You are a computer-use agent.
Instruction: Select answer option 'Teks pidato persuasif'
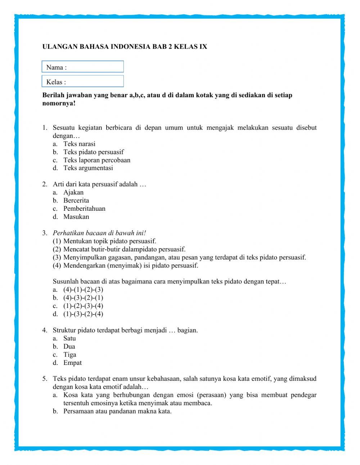point(94,152)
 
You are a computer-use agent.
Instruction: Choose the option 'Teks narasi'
point(80,144)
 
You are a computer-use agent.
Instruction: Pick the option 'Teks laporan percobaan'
point(97,160)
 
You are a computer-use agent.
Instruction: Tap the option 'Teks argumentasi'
point(88,168)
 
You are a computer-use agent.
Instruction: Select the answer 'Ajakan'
point(73,192)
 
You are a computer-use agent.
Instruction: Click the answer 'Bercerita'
point(76,200)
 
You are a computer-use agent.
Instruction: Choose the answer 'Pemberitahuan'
point(85,209)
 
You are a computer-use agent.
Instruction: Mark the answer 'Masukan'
point(76,217)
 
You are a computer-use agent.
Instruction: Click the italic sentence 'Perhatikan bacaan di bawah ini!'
point(99,233)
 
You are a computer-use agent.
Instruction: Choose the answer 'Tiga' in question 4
point(70,354)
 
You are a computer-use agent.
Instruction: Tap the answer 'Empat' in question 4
point(73,363)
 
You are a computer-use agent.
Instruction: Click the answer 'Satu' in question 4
point(70,338)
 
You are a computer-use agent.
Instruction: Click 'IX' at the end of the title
point(203,47)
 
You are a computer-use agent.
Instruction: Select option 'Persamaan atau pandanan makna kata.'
point(118,411)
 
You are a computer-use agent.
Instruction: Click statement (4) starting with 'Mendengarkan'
point(131,266)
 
